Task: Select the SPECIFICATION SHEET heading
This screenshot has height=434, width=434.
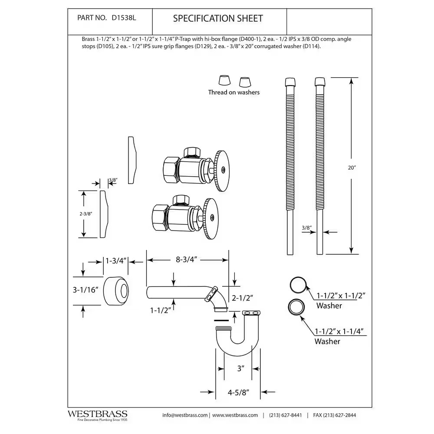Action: [218, 18]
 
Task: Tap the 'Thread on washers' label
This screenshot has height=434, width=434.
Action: [233, 92]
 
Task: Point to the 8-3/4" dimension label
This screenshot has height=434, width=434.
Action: [187, 260]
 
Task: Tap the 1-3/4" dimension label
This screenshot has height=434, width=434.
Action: [115, 261]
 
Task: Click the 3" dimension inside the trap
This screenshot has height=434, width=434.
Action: [241, 368]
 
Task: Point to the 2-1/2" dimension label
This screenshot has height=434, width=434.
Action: [243, 298]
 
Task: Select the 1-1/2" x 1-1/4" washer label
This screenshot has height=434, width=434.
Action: [339, 332]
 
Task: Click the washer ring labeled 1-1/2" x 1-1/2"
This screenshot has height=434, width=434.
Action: [298, 285]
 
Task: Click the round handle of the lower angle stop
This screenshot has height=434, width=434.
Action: [212, 216]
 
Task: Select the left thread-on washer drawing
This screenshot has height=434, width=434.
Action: [224, 81]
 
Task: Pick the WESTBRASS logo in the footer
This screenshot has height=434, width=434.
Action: [97, 414]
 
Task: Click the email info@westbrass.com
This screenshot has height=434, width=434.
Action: [185, 415]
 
